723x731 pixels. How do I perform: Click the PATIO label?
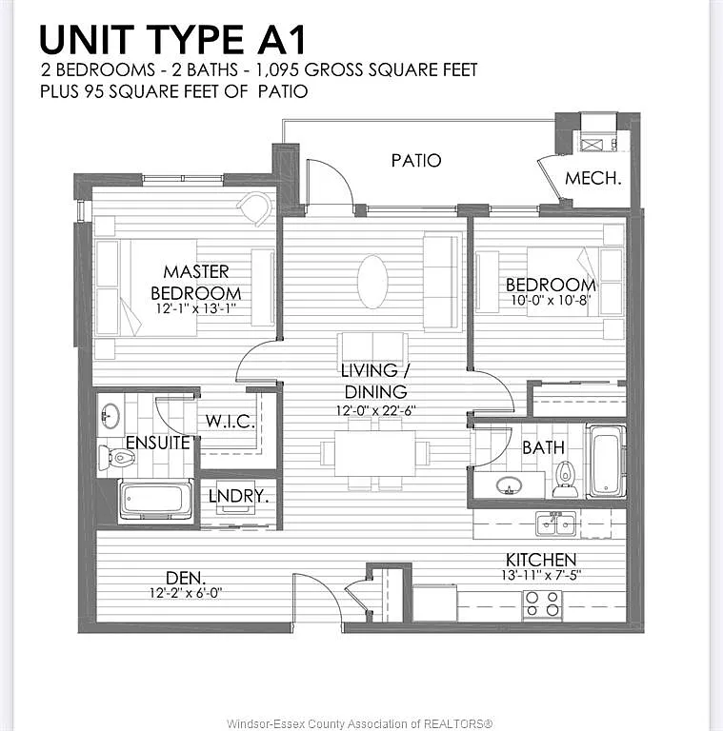coord(416,161)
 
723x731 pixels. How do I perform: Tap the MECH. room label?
coord(593,178)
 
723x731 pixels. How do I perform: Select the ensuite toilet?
coord(117,458)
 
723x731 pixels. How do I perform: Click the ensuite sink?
coord(110,416)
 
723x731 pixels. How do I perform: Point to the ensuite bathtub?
coord(156,500)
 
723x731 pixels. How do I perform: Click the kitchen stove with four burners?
coord(542,604)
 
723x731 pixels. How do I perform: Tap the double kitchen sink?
coord(556,524)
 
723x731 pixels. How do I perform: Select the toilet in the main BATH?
coord(565,480)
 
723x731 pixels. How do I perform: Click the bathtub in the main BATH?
coord(607,462)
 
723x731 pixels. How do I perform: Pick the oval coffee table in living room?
coord(372,281)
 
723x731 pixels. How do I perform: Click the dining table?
coord(374,453)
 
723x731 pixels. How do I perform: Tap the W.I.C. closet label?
coord(231,422)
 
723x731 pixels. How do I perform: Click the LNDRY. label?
coord(238,496)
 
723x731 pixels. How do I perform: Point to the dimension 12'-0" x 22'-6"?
coord(376,411)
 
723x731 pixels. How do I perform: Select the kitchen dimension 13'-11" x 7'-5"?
coord(541,575)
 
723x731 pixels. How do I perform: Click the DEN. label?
coord(186,578)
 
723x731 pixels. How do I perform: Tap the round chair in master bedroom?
coord(254,207)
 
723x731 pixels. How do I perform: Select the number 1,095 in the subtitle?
coord(277,69)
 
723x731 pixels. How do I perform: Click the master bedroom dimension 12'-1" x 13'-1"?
coord(196,308)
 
